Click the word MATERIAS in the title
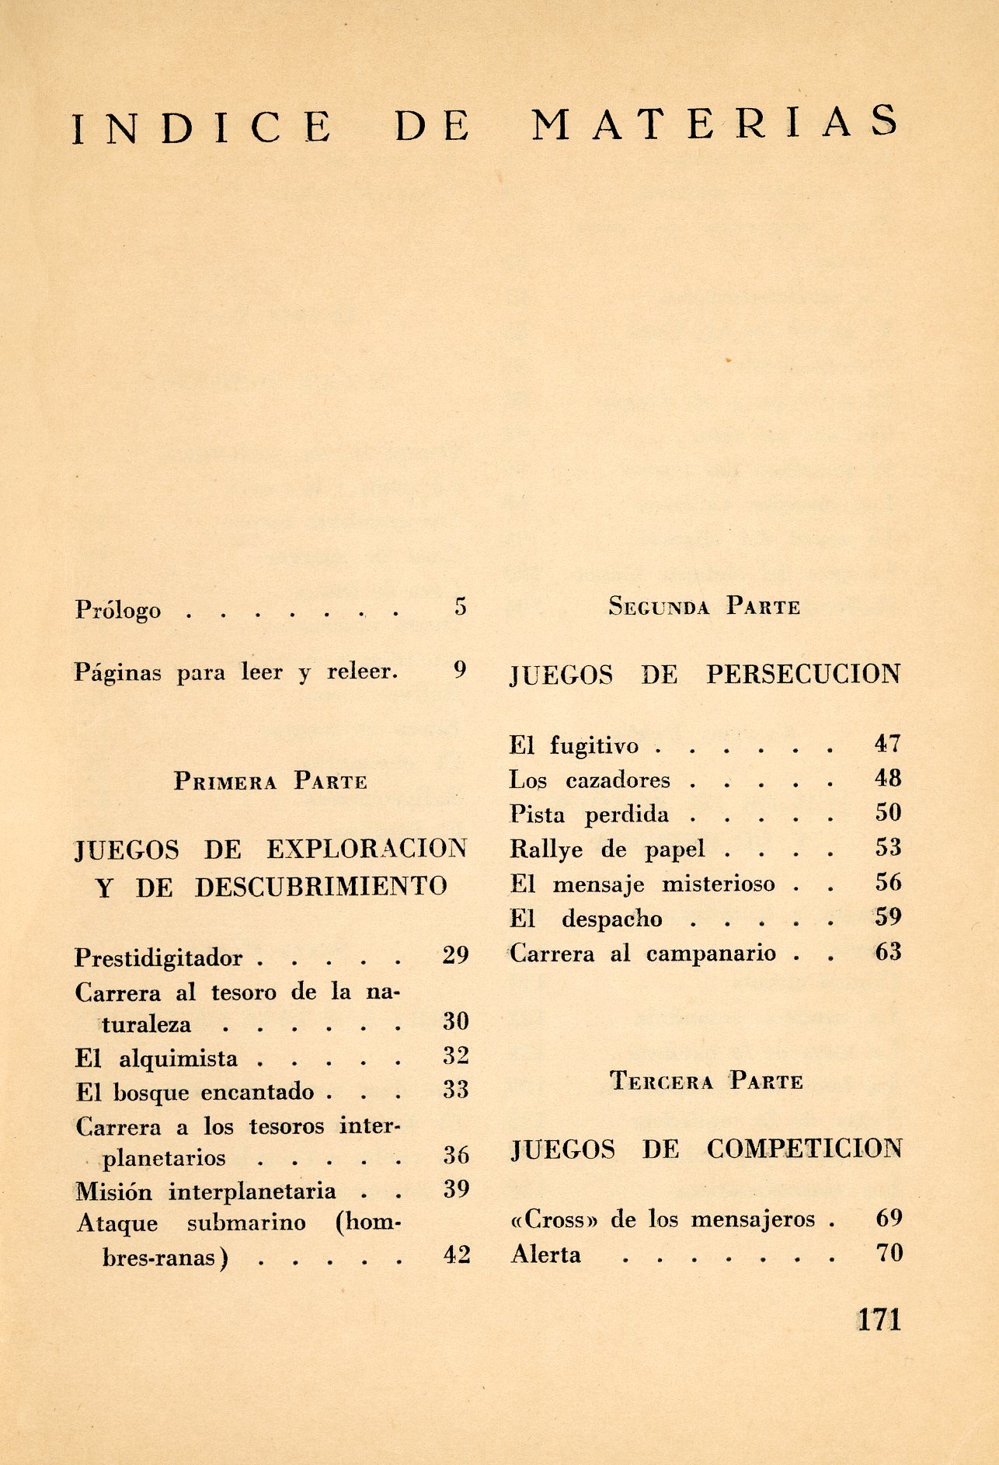[x=715, y=124]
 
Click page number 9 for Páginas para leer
[x=460, y=669]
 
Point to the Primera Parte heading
[x=270, y=781]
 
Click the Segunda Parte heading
[x=704, y=606]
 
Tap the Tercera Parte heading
[x=706, y=1081]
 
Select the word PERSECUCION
[x=803, y=674]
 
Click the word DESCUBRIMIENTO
[x=321, y=887]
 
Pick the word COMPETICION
[x=804, y=1149]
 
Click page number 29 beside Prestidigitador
[x=455, y=955]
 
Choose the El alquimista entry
[x=156, y=1059]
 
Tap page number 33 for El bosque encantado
[x=456, y=1090]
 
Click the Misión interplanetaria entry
[x=206, y=1191]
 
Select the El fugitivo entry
[x=573, y=745]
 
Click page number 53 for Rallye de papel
[x=888, y=847]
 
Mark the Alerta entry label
[x=545, y=1254]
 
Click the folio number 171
[x=879, y=1320]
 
